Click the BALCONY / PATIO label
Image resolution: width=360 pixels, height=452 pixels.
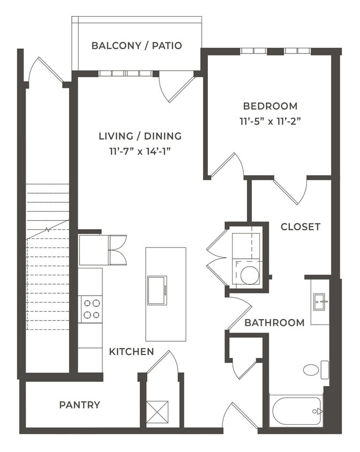coord(137,46)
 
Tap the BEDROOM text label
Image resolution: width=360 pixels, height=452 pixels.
coord(270,106)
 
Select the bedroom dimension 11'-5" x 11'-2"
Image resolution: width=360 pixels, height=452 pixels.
coord(270,122)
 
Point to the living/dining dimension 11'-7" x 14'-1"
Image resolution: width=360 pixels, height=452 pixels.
coord(140,151)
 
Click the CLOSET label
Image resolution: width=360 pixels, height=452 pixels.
coord(301,227)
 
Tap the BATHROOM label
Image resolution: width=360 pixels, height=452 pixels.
coord(274,322)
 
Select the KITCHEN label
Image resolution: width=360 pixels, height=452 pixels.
coord(131,352)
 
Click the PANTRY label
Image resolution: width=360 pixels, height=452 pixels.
coord(79,405)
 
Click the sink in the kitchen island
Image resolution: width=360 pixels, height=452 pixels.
coord(157,290)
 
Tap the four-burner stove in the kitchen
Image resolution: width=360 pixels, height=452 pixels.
coord(91,309)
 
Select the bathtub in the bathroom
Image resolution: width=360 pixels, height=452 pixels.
coord(296,411)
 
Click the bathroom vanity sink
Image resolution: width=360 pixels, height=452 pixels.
coord(320,301)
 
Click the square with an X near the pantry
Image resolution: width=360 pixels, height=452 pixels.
coord(157,412)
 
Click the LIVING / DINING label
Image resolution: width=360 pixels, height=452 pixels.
coord(140,136)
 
